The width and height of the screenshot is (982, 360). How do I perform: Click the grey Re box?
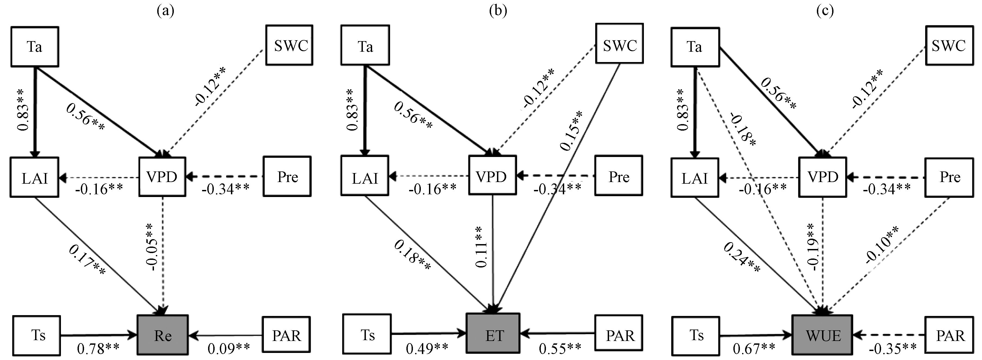click(x=163, y=335)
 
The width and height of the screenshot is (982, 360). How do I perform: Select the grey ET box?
click(x=493, y=334)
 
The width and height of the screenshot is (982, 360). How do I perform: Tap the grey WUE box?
click(x=823, y=335)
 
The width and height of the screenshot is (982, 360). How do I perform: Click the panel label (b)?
click(x=498, y=11)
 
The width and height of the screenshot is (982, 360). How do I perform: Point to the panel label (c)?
click(x=825, y=11)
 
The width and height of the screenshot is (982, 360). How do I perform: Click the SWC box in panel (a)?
click(x=289, y=45)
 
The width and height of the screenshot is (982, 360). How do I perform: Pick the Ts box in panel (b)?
click(x=367, y=334)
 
